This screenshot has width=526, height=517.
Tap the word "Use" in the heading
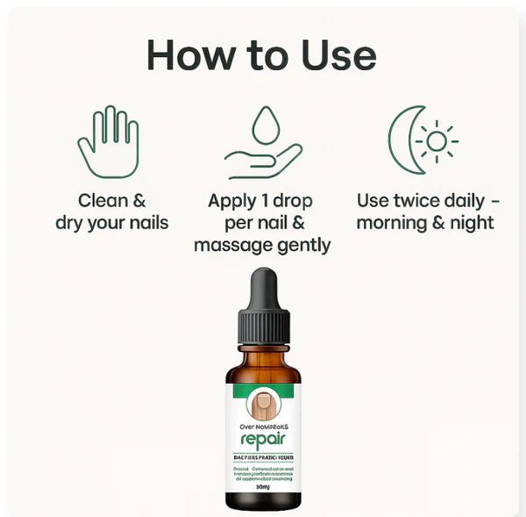point(333,54)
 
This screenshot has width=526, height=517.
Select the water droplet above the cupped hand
point(265,125)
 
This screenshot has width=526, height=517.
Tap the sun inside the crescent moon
point(436,140)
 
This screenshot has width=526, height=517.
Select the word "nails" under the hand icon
point(143,222)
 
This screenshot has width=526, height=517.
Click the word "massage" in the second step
point(229,244)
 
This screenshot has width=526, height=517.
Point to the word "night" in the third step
point(470,222)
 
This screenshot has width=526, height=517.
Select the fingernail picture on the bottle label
point(263,401)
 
